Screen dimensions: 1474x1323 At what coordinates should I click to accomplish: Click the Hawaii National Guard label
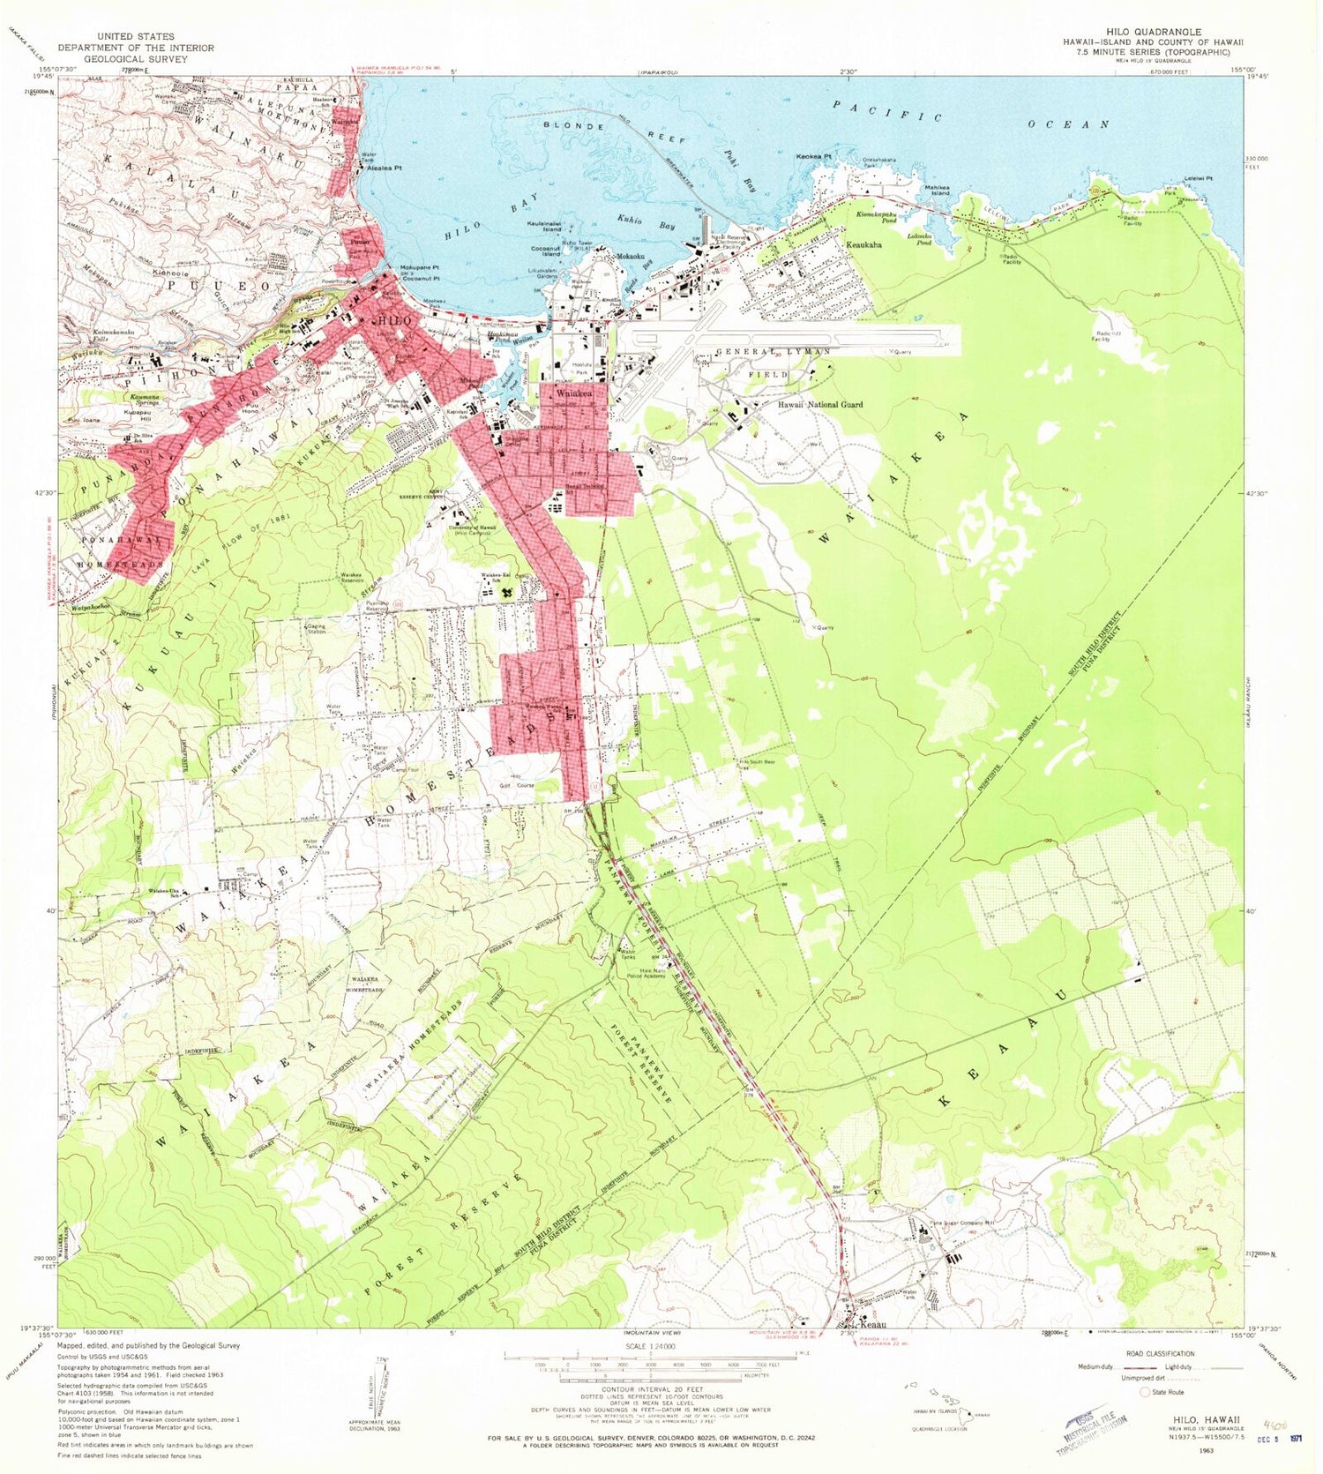[819, 405]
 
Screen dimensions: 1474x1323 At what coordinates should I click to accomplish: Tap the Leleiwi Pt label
[1198, 179]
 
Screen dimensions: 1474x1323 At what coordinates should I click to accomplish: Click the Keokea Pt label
[813, 157]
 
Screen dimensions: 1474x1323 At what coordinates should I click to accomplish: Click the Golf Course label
[518, 785]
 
